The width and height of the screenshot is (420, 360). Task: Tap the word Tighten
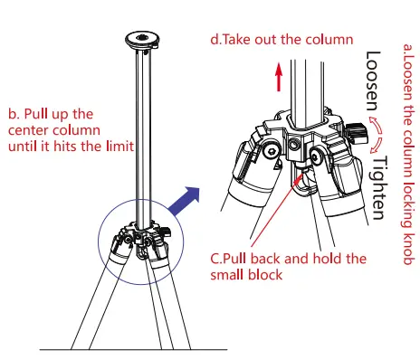pos(378,185)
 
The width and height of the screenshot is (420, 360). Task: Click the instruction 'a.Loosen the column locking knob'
pos(407,153)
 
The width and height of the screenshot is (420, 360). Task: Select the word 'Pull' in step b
pos(40,114)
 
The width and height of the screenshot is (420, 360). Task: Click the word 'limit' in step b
pos(118,146)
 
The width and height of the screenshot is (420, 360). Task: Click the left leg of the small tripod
pos(100,298)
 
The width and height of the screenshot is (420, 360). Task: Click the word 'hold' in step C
pos(324,259)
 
